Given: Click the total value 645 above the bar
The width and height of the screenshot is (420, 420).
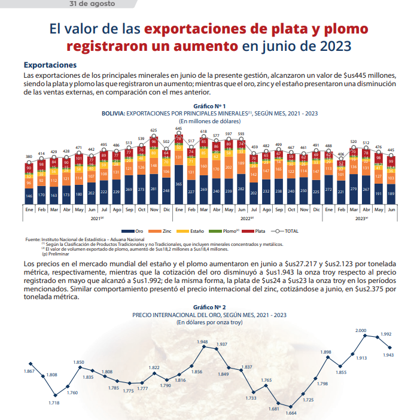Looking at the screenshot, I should (178, 129).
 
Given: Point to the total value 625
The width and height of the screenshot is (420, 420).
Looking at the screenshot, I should (154, 130).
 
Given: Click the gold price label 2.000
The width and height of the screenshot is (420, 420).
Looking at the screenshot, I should (361, 330).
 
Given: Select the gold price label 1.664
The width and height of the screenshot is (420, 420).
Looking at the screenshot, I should (291, 413).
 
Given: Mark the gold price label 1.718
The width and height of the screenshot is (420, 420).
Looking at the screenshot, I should (54, 403).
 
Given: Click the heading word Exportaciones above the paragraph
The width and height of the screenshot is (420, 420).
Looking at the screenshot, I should (50, 64).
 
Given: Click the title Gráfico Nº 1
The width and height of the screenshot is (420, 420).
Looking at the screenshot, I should (209, 105).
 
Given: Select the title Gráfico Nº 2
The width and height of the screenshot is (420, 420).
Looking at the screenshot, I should (209, 307).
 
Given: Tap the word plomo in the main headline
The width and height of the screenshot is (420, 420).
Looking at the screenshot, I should (342, 28).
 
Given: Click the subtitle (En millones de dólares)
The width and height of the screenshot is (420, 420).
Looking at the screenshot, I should (209, 120).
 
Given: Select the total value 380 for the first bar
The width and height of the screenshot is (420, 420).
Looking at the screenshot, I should (28, 157).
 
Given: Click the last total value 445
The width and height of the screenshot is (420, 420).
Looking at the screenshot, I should (391, 150).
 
